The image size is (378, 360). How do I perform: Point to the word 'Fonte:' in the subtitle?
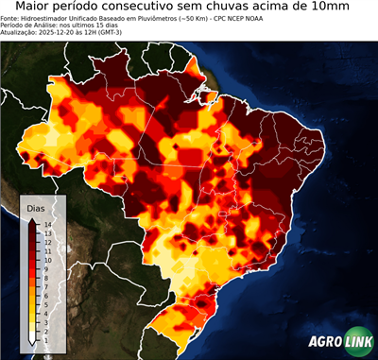(11, 19)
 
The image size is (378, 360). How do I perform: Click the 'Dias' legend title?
(36, 207)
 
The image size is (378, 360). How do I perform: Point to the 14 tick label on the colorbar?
(45, 224)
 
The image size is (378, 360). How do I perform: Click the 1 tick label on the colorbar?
(44, 327)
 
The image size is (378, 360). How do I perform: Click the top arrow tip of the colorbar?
(32, 219)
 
